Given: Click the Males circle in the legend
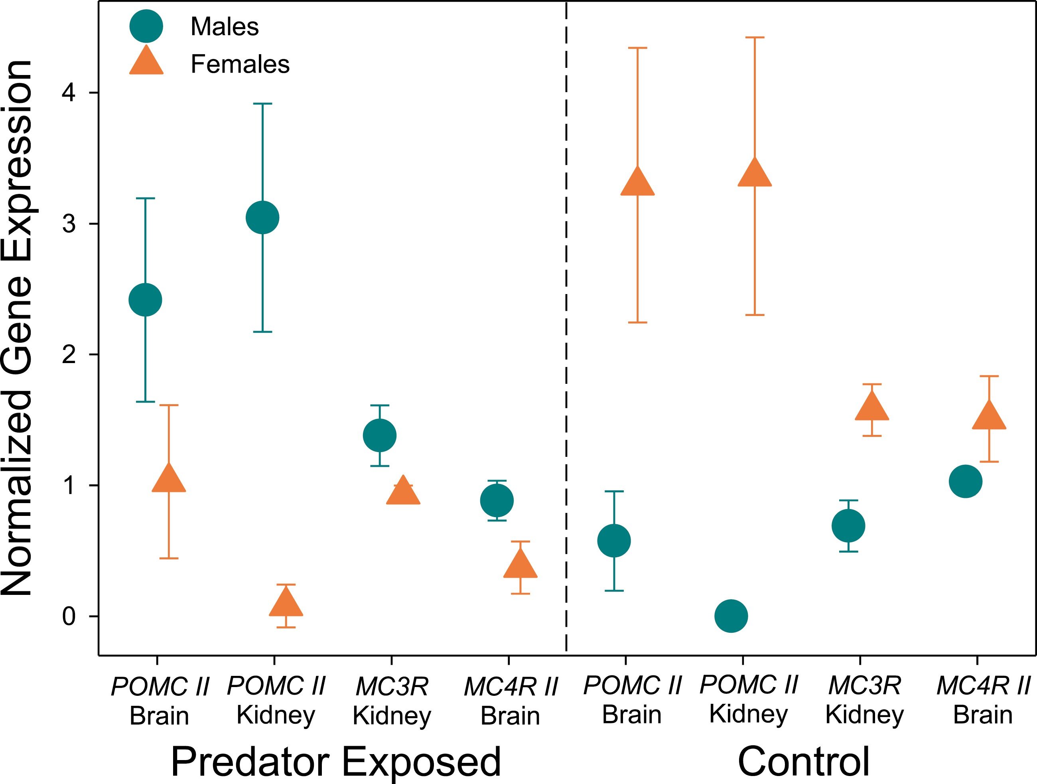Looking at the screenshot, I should [146, 26].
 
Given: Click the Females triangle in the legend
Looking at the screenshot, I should [146, 62].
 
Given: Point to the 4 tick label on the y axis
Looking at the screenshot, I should [69, 93].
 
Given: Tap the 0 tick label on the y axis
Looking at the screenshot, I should [69, 616].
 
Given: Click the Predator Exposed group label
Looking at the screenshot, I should [336, 762].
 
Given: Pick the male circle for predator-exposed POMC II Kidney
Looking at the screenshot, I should [262, 217].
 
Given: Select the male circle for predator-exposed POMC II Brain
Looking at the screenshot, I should [145, 300].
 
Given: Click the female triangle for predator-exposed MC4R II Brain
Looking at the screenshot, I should [520, 565].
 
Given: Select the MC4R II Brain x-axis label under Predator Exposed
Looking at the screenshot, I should [511, 701].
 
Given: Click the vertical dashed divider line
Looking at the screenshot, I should [566, 328].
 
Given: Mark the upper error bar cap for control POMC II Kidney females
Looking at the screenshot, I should [755, 38].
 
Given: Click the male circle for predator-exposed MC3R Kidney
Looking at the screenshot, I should [380, 436].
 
